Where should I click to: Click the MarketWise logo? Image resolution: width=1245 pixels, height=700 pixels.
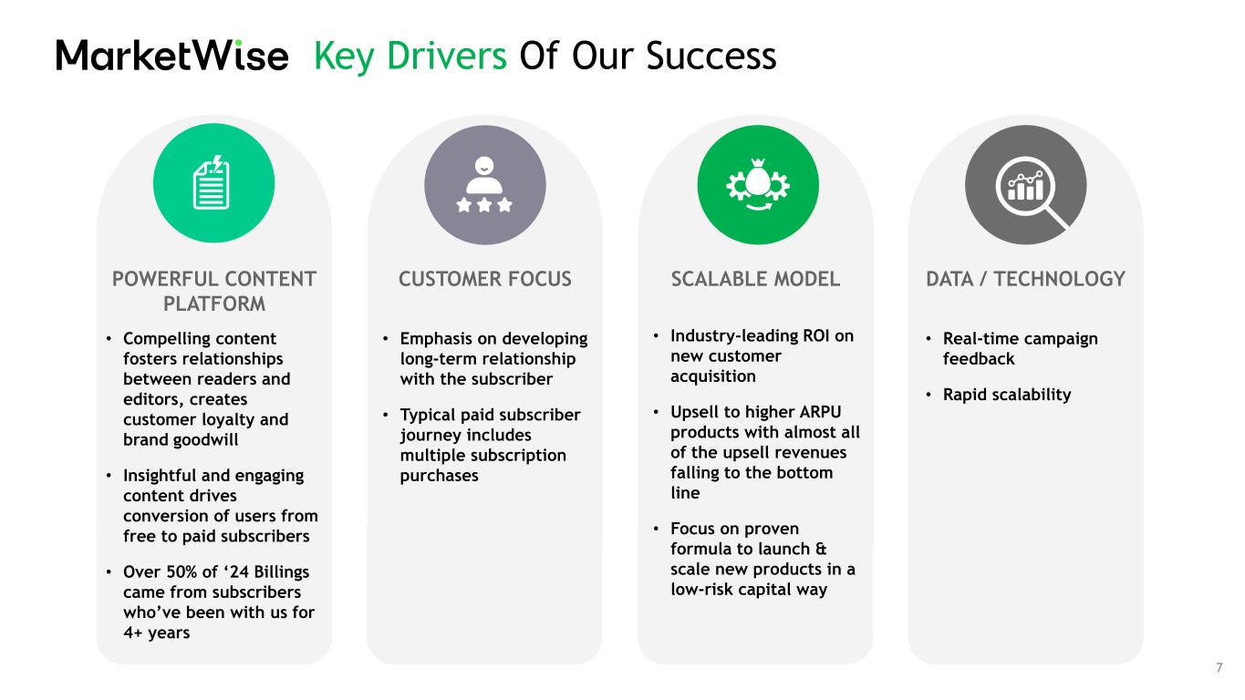click(x=171, y=55)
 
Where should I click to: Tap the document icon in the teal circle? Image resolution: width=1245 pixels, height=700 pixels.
click(x=212, y=182)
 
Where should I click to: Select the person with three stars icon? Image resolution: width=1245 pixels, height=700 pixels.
click(x=484, y=184)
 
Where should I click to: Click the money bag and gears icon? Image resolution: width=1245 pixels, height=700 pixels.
click(x=758, y=184)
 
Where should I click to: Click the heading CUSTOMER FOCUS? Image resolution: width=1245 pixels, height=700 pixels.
click(x=484, y=279)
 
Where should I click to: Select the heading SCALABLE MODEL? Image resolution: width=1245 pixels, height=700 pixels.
click(x=755, y=279)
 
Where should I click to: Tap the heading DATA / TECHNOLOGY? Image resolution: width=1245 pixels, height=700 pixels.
click(x=1025, y=279)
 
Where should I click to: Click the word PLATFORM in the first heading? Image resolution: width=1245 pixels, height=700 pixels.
click(x=214, y=304)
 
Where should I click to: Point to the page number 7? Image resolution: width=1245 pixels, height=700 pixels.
click(x=1219, y=667)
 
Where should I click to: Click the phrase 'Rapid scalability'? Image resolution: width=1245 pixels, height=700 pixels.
click(x=1007, y=395)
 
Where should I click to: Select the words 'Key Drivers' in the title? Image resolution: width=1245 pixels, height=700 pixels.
click(x=410, y=57)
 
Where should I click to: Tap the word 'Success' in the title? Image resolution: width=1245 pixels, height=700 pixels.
click(x=711, y=56)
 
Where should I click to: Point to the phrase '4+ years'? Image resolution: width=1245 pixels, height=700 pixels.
click(x=156, y=633)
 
